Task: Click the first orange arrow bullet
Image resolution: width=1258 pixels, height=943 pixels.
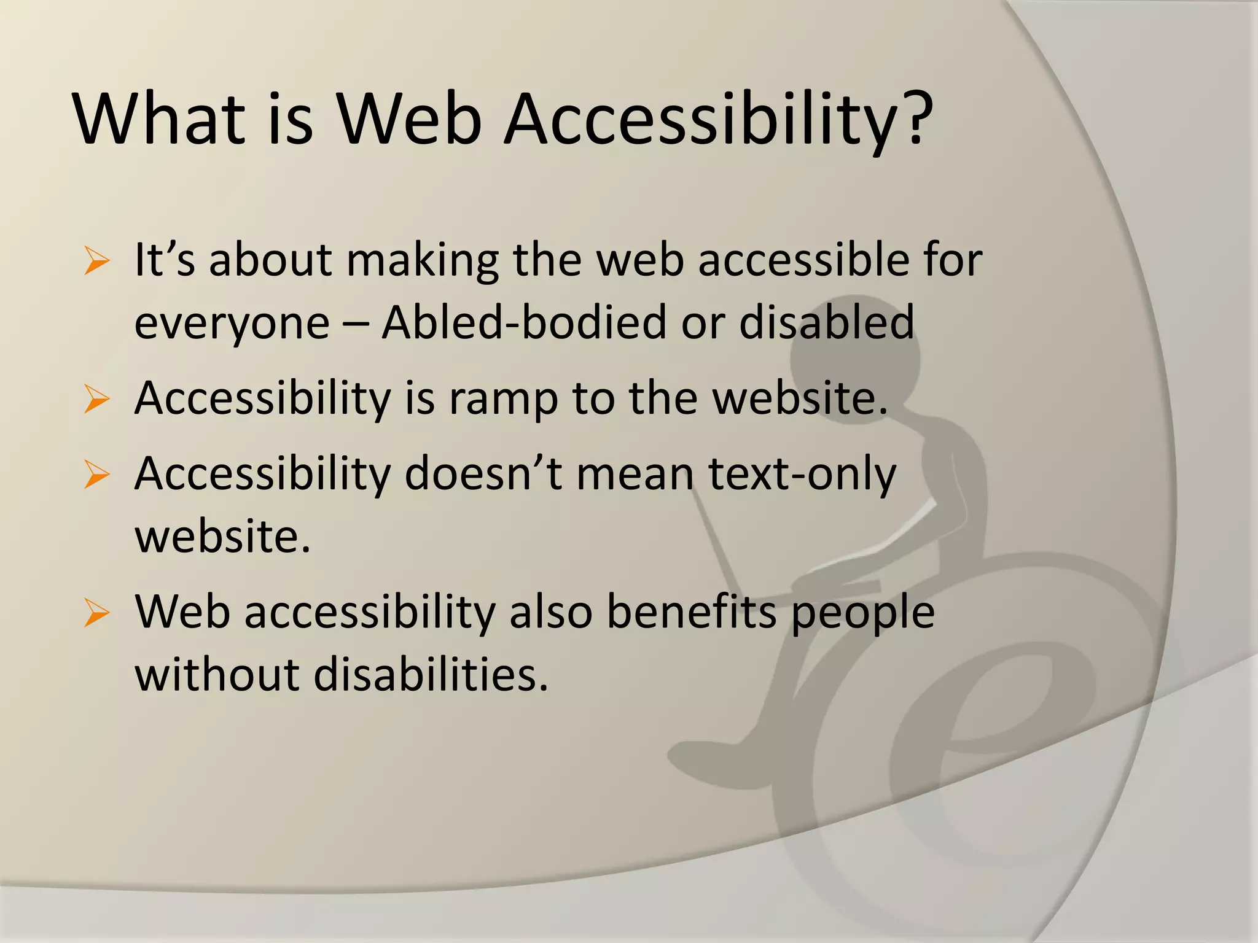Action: [x=96, y=262]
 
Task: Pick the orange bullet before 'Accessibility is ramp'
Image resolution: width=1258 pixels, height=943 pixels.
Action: [x=96, y=400]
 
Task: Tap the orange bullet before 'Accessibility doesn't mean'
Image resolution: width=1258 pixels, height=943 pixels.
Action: [x=96, y=476]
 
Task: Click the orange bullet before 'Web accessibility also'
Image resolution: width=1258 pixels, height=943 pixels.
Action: [x=96, y=613]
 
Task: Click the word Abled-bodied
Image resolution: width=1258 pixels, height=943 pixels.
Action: [x=523, y=322]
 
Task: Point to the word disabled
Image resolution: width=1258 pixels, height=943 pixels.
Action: [x=827, y=322]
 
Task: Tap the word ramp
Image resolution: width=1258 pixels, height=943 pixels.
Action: [x=502, y=400]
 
